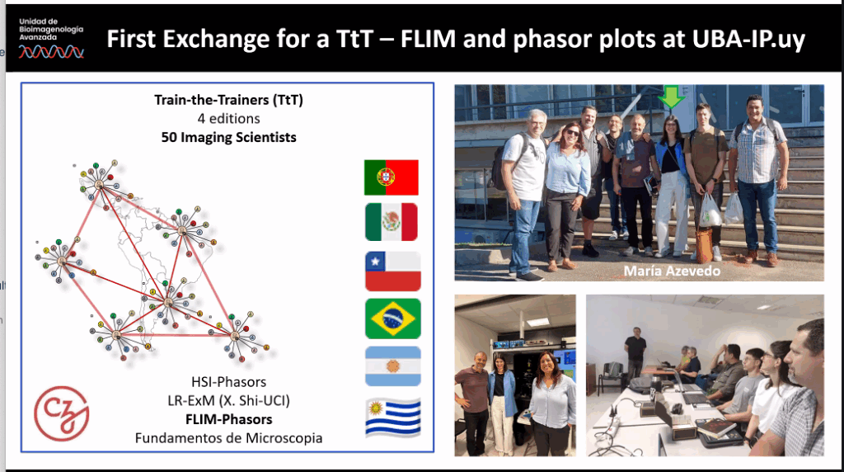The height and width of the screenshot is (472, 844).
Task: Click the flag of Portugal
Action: (392, 177)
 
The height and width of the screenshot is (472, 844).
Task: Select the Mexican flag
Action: (392, 222)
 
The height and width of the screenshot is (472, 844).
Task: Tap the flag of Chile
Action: (393, 271)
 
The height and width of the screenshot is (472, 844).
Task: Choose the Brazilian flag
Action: (393, 319)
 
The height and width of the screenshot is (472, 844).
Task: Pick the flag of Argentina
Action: (393, 366)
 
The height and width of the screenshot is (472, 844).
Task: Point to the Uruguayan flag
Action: (393, 417)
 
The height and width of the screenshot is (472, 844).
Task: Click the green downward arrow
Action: (671, 97)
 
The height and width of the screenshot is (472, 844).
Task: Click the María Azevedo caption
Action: (672, 271)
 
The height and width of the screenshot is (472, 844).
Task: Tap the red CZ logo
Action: (61, 413)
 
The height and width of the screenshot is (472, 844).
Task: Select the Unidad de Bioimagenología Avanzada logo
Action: (51, 39)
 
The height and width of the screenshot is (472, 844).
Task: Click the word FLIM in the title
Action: (428, 39)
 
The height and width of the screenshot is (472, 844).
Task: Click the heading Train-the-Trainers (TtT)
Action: (229, 100)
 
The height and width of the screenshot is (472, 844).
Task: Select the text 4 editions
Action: (229, 119)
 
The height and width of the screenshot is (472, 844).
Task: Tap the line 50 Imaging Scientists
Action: (229, 138)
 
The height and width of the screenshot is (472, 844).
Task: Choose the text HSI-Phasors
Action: (229, 382)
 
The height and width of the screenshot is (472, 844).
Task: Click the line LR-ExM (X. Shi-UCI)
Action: (229, 400)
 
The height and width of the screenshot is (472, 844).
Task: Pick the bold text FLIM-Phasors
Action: (229, 419)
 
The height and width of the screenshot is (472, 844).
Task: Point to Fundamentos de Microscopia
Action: (229, 438)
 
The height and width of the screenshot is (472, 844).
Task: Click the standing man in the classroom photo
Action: (635, 353)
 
